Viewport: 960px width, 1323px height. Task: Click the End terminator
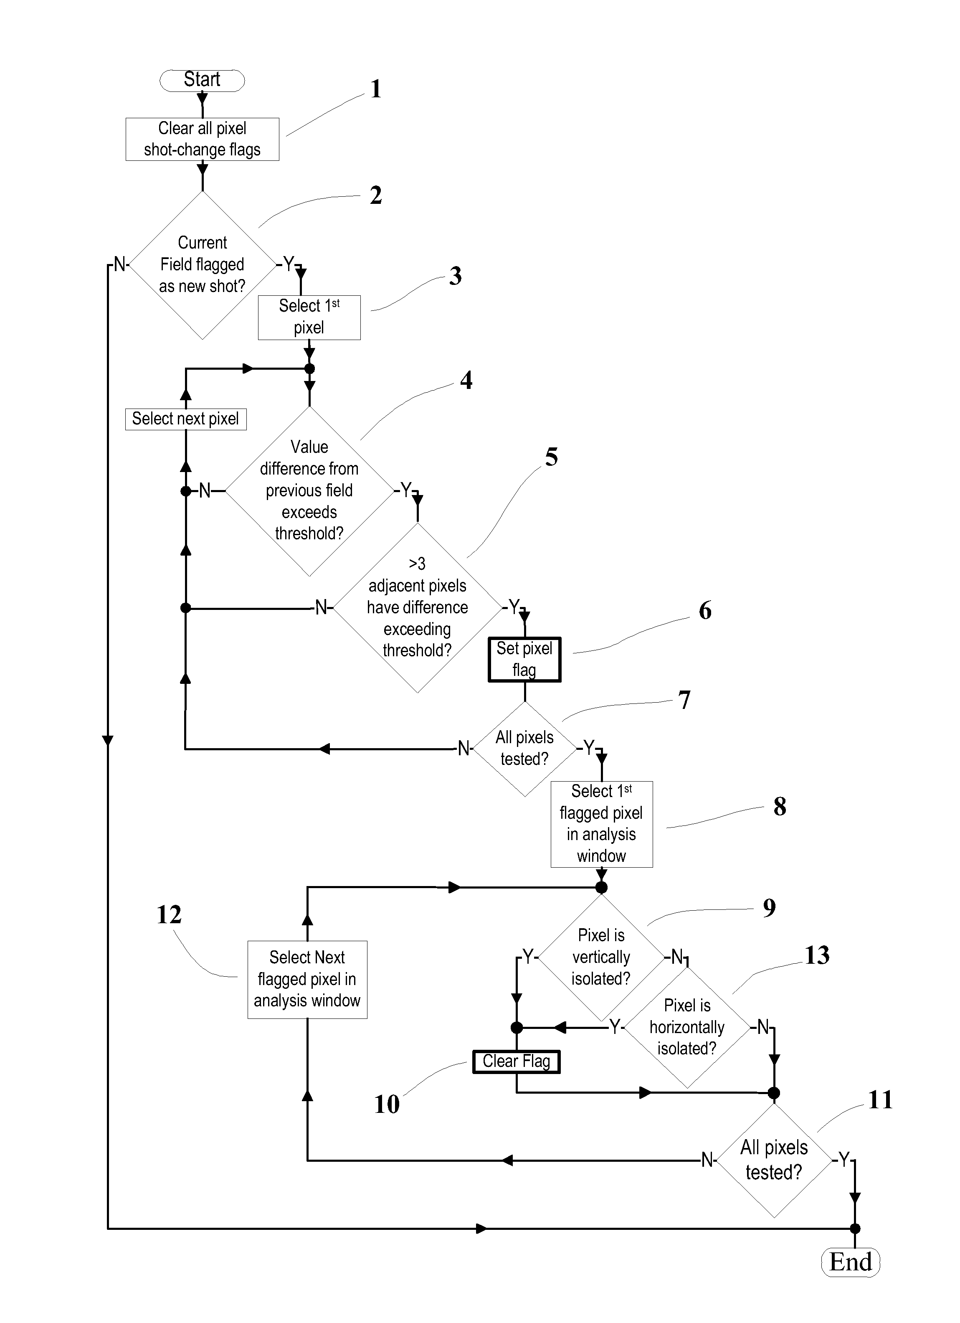click(850, 1263)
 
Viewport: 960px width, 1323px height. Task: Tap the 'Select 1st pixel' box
click(309, 317)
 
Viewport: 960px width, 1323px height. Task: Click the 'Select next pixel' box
click(185, 419)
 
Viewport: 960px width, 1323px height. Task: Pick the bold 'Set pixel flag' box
click(524, 659)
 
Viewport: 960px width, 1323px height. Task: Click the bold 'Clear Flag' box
click(516, 1061)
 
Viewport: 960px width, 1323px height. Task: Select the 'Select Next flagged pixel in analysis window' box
click(307, 980)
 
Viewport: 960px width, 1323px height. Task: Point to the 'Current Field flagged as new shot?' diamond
click(203, 265)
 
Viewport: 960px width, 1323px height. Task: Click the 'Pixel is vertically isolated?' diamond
click(601, 957)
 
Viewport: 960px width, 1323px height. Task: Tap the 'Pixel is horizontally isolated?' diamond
click(687, 1027)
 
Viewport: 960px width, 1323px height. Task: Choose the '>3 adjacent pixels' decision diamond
click(418, 607)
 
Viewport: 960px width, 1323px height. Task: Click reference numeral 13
click(817, 955)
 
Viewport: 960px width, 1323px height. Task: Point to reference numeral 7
click(685, 700)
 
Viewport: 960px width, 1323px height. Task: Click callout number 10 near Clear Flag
click(387, 1104)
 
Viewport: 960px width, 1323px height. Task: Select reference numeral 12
click(169, 915)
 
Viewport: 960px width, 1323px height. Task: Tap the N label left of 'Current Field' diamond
click(119, 264)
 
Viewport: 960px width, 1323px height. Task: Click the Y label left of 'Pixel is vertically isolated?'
click(528, 957)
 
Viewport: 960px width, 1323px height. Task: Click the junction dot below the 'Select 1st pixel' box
click(310, 369)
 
